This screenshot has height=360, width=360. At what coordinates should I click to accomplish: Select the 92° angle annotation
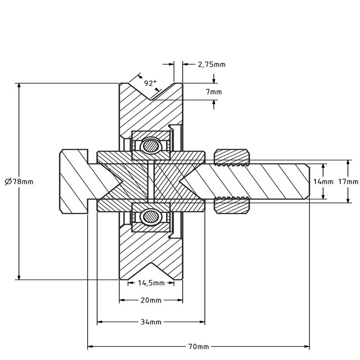click(150, 83)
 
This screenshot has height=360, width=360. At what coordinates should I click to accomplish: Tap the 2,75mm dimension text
click(211, 64)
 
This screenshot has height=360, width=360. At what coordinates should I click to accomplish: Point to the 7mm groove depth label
click(214, 92)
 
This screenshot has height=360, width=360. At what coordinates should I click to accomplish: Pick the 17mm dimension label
click(348, 182)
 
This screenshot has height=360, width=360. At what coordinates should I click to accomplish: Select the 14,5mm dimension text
click(151, 283)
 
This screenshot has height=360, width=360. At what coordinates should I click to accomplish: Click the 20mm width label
click(151, 300)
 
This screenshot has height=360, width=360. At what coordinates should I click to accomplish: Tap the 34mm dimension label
click(151, 322)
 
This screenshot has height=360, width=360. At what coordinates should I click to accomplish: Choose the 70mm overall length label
click(198, 346)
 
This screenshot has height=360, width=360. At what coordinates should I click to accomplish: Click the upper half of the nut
click(231, 157)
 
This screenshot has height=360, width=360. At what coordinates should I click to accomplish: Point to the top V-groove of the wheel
click(151, 92)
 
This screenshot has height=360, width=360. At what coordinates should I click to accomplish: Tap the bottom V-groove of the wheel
click(151, 270)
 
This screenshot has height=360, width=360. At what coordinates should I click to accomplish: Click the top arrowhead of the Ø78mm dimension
click(19, 86)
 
